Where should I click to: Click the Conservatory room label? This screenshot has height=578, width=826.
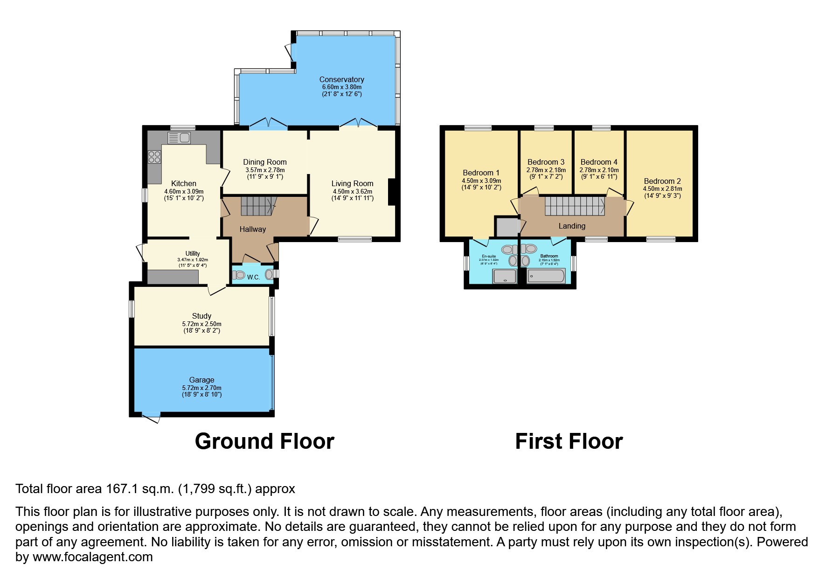[x=341, y=79]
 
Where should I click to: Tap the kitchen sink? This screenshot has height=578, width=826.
[x=179, y=138]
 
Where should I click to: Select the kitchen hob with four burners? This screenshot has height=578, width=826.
[x=154, y=157]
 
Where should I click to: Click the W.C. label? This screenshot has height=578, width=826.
[x=253, y=277]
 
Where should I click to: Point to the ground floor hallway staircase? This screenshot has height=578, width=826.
[x=258, y=206]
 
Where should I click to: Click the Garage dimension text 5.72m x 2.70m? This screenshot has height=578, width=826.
[x=201, y=388]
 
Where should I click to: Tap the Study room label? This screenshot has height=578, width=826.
[x=201, y=316]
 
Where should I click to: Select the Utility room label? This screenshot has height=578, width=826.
[x=193, y=253]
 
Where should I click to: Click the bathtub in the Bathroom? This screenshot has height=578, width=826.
[x=546, y=276]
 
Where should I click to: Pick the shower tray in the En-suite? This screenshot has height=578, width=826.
[x=505, y=277]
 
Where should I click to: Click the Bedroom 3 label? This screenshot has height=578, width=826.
[x=546, y=162]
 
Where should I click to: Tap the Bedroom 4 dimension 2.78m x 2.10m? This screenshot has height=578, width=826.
[x=599, y=170]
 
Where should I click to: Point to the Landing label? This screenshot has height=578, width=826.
[x=572, y=226]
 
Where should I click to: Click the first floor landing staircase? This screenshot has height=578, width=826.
[x=575, y=206]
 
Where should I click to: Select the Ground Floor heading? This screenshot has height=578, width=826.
[x=264, y=441]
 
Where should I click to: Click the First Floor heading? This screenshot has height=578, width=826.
[x=569, y=441]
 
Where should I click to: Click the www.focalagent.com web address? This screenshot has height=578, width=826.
[x=92, y=557]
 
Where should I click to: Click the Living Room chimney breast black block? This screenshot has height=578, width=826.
[x=392, y=192]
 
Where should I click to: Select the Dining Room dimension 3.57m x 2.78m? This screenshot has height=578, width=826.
[x=264, y=170]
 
